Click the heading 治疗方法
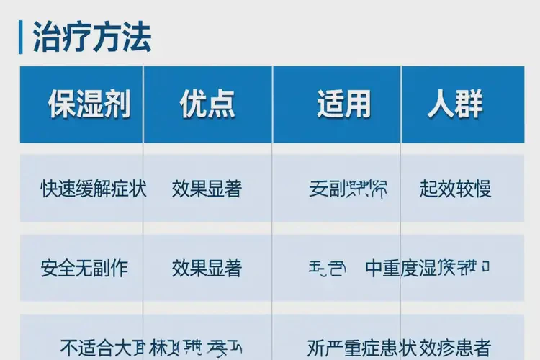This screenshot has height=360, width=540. (x=92, y=37)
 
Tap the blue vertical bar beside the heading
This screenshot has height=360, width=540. (x=21, y=37)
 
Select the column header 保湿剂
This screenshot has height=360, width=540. (x=89, y=105)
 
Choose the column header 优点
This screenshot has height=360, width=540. (x=207, y=105)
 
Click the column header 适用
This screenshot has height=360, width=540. (x=343, y=105)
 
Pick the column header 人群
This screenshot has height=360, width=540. (x=455, y=105)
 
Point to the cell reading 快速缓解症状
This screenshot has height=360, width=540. (x=94, y=189)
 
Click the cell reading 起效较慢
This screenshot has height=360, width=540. (x=455, y=189)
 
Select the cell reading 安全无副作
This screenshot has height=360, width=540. (x=84, y=269)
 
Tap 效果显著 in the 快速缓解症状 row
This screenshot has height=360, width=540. (x=207, y=189)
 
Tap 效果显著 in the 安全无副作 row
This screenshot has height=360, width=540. (x=207, y=269)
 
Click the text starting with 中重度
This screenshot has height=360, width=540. (x=428, y=269)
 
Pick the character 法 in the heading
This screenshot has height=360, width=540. (x=137, y=37)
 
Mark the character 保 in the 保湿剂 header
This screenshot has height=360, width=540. (x=62, y=105)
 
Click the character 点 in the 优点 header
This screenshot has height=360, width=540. (x=221, y=105)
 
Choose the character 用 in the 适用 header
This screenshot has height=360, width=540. (x=357, y=105)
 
